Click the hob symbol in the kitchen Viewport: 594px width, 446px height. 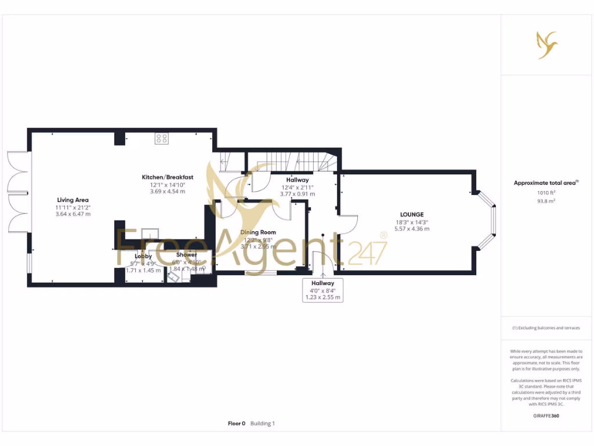pos(162,138)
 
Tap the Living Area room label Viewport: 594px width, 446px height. pos(73,200)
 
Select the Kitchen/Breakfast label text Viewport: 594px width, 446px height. pos(168,177)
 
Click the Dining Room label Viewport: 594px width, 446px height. pos(258,232)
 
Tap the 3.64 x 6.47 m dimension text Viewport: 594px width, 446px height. pos(73,214)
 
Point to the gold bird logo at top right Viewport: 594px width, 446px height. pos(546,45)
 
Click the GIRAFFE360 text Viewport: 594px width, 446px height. pos(546,416)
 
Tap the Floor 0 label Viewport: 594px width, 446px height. pos(237,423)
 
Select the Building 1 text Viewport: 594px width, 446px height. pos(263,423)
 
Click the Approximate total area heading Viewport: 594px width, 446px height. pos(545,183)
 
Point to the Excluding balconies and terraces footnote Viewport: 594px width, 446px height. pos(546,328)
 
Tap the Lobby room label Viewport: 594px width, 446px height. pos(143,256)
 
